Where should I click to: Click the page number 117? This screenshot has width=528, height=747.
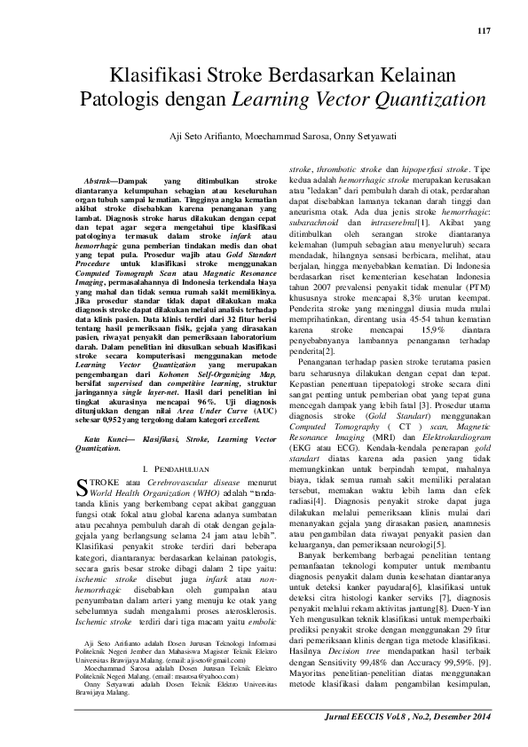pyautogui.click(x=483, y=32)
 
